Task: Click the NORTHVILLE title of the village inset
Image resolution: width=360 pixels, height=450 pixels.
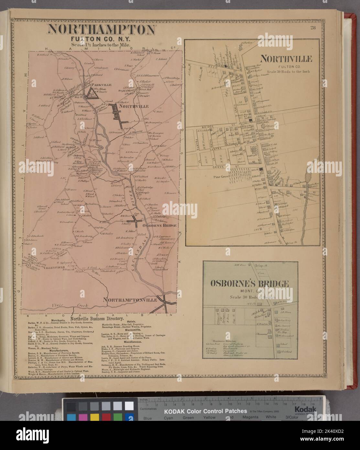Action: [x=286, y=59]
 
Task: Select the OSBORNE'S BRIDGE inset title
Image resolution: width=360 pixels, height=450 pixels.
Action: [x=249, y=284]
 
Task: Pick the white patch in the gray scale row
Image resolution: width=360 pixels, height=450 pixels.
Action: [x=129, y=406]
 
